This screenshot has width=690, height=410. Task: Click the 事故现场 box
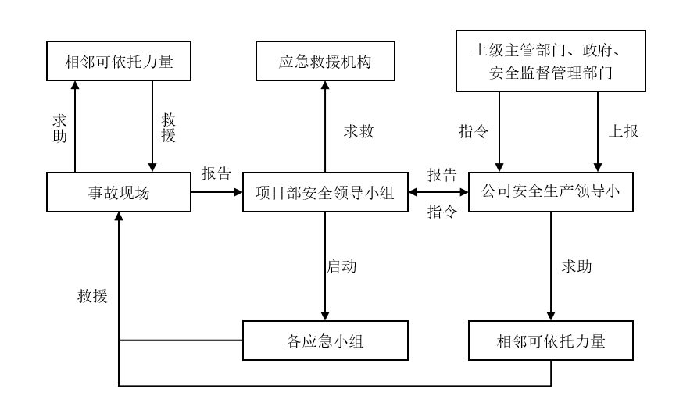pyautogui.click(x=119, y=192)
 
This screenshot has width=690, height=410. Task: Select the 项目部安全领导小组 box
pyautogui.click(x=324, y=192)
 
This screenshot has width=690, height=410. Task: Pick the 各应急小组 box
pyautogui.click(x=324, y=340)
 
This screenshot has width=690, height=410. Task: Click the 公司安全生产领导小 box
pyautogui.click(x=551, y=192)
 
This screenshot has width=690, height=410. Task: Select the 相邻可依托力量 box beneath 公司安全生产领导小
pyautogui.click(x=551, y=340)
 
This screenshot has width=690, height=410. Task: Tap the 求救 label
pyautogui.click(x=359, y=131)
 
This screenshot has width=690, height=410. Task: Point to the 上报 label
pyautogui.click(x=623, y=131)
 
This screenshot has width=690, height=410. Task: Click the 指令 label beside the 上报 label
pyautogui.click(x=474, y=131)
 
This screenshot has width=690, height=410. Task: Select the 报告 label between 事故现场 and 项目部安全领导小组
pyautogui.click(x=216, y=173)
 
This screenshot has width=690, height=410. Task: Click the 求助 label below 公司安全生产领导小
pyautogui.click(x=575, y=266)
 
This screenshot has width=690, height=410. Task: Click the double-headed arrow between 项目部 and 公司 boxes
pyautogui.click(x=439, y=192)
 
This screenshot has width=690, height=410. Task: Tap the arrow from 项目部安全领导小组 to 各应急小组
pyautogui.click(x=324, y=266)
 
